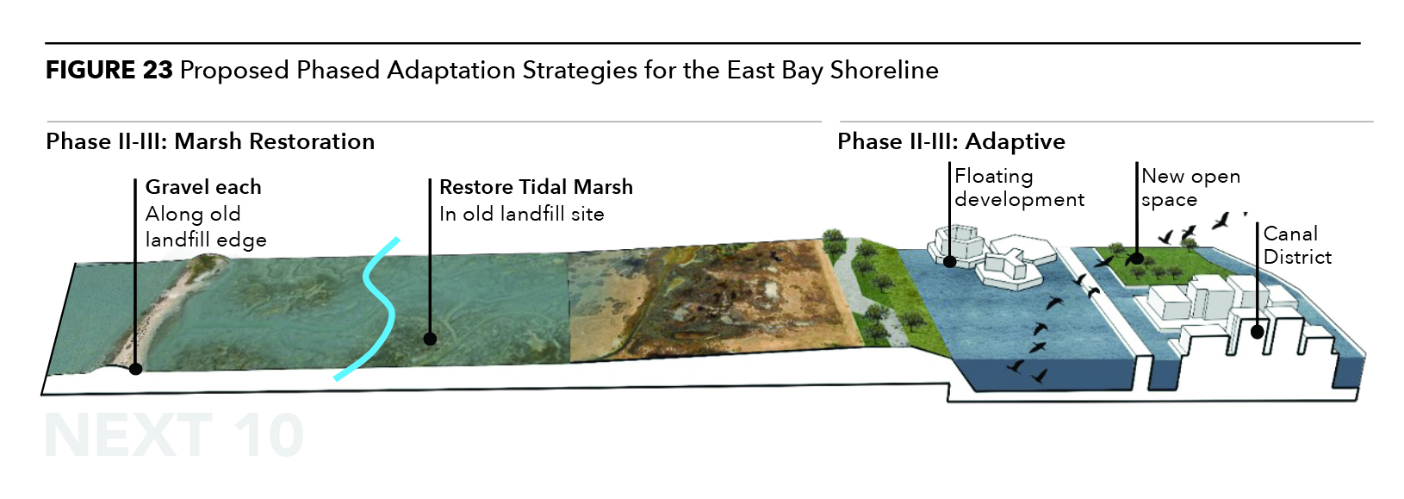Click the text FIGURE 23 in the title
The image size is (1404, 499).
(109, 70)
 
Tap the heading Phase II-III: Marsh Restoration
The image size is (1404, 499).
(210, 141)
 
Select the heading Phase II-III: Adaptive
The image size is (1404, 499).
(951, 141)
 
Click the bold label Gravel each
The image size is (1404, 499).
(203, 187)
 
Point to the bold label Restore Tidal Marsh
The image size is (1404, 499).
(536, 187)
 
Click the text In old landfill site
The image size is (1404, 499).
(521, 214)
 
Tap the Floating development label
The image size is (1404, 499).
(1019, 187)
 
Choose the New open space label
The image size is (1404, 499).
(1190, 187)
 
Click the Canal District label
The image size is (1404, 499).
(1297, 245)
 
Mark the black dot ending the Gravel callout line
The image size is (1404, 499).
(135, 369)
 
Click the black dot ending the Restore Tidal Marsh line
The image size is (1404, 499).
(430, 340)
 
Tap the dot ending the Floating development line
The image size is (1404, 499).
(949, 261)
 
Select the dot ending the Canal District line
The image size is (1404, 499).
(1258, 333)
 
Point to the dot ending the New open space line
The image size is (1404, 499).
(1136, 257)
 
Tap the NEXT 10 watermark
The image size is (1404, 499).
(174, 436)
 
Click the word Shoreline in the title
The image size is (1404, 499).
(884, 70)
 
